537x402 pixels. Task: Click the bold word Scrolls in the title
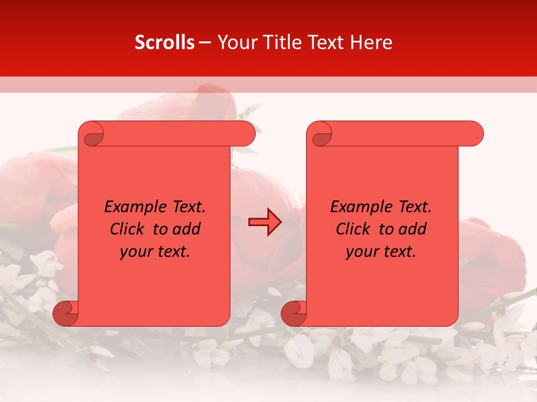pyautogui.click(x=164, y=42)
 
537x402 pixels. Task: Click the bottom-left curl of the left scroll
pyautogui.click(x=66, y=314)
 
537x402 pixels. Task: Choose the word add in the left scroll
pyautogui.click(x=187, y=229)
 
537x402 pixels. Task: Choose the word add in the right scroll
pyautogui.click(x=413, y=229)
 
